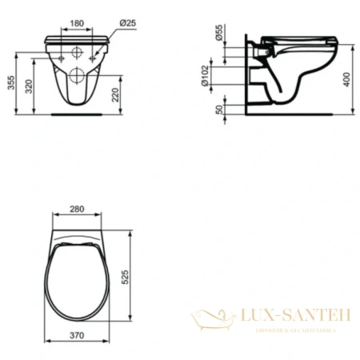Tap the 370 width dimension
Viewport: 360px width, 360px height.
[x=77, y=338]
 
